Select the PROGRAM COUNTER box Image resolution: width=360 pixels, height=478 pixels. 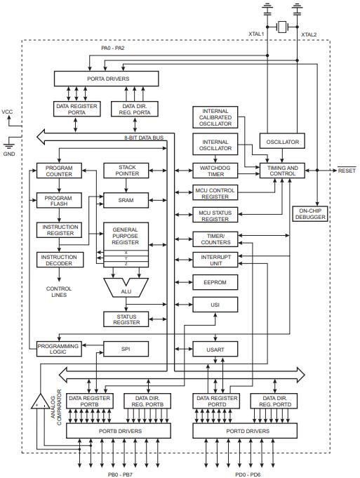coord(59,171)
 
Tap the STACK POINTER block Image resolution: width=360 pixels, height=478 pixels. coord(126,171)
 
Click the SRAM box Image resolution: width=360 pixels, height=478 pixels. coord(126,200)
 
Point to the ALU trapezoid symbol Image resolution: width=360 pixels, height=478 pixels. coord(126,287)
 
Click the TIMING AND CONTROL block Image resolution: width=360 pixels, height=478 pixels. coord(282,171)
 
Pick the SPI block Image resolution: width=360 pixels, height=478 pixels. coord(126,348)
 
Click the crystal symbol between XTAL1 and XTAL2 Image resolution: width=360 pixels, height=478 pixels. coord(282,27)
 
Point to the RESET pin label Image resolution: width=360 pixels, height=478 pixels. coord(347,171)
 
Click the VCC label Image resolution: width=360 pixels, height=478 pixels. coord(8,112)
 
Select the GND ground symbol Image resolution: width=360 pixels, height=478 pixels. coord(8,145)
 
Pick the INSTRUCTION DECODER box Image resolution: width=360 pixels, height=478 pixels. coord(59,260)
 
